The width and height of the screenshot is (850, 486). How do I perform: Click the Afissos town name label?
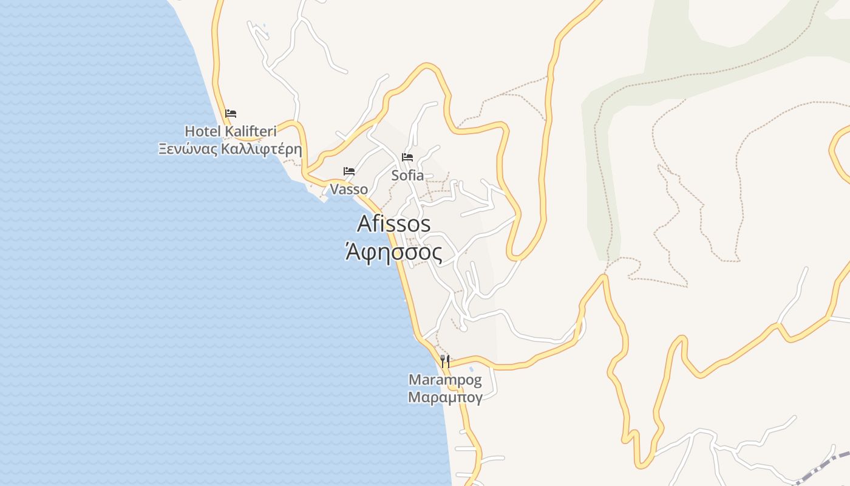pos(393,224)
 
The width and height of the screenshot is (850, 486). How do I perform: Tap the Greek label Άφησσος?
pos(393,251)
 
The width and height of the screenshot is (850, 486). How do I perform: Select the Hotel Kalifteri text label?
pos(230,131)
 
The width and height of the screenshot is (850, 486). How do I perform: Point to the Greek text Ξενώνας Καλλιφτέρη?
pos(230,149)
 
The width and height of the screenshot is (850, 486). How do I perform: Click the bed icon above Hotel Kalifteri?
pos(230,113)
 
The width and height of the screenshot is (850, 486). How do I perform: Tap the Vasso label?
pos(349,189)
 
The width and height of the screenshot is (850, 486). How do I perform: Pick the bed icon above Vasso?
pos(349,171)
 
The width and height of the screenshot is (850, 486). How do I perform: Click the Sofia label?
pos(407,176)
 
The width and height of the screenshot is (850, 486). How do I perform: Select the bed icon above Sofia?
pos(407,157)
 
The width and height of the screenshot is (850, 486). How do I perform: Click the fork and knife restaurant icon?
pos(445,361)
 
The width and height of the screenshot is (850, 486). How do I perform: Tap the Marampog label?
pos(445,380)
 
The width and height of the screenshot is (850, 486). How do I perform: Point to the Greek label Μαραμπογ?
pos(445,398)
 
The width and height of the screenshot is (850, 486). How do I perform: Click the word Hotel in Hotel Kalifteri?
pos(203,131)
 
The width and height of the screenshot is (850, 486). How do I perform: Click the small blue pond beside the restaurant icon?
pos(471,369)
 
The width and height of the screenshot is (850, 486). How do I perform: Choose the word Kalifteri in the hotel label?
pos(251,131)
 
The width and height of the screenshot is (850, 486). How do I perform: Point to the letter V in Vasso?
pos(335,189)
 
